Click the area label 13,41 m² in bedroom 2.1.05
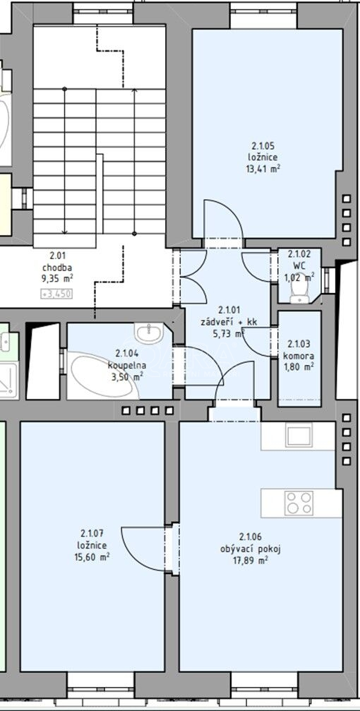coord(265,169)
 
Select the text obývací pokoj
coord(251,549)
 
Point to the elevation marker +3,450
coord(56,294)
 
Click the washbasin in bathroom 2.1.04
coord(148,333)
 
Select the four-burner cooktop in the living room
coord(299,503)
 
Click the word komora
coord(299,356)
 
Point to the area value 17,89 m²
coord(251,561)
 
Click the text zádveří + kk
coord(229,323)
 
